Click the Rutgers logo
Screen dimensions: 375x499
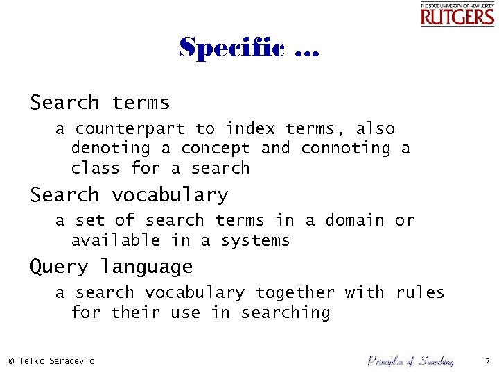tap(457, 15)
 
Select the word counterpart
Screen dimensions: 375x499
tap(130, 128)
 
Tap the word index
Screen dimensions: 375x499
tap(250, 128)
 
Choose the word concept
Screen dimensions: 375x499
tap(216, 148)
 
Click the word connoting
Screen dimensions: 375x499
tap(346, 148)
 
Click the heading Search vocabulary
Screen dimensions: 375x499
tap(129, 195)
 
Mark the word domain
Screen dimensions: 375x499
tap(355, 220)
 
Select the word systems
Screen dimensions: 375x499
tap(255, 241)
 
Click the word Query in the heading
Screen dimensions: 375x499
tap(59, 267)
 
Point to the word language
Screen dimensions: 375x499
tap(146, 267)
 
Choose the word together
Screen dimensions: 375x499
tap(295, 292)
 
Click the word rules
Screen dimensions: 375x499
tap(420, 292)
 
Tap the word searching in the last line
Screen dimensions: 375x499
tap(285, 312)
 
